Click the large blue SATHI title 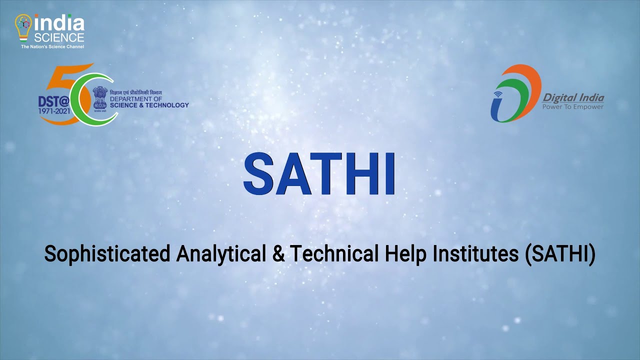click(319, 174)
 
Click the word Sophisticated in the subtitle click(106, 254)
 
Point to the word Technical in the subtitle click(334, 254)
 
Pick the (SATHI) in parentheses click(560, 254)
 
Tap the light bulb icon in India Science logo click(23, 27)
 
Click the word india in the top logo click(59, 23)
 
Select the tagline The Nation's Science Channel click(52, 46)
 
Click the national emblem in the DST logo click(100, 97)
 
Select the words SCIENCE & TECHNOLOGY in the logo click(149, 105)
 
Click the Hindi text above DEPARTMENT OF click(135, 93)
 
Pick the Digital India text click(573, 97)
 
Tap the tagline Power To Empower click(573, 106)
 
